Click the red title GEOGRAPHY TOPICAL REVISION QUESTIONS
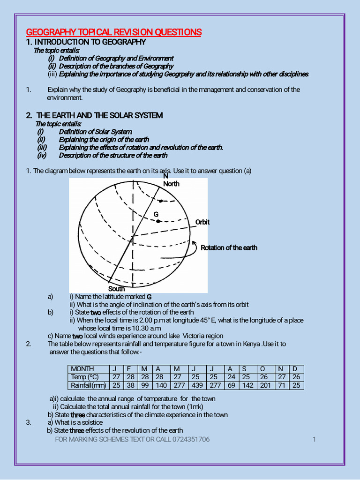tap(113, 32)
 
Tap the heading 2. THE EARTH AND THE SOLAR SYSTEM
tap(94, 115)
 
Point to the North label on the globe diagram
tap(171, 184)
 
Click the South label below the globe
tap(117, 289)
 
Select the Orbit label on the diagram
tap(202, 222)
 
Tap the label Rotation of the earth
tap(229, 248)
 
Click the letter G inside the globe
tap(156, 214)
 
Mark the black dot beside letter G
tap(159, 221)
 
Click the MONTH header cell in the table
tap(82, 369)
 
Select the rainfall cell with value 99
tap(145, 386)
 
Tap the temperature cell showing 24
tap(232, 377)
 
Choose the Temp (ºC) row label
tap(84, 377)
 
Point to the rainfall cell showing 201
tap(266, 386)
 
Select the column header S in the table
tap(244, 369)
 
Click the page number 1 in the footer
tap(314, 439)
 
